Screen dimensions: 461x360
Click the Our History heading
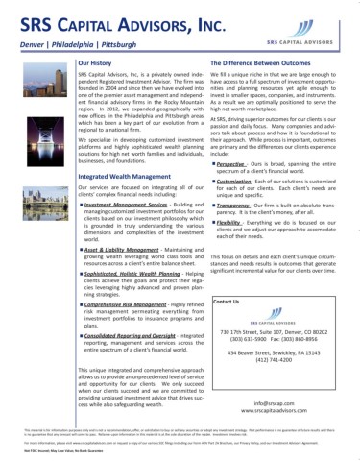98,61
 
